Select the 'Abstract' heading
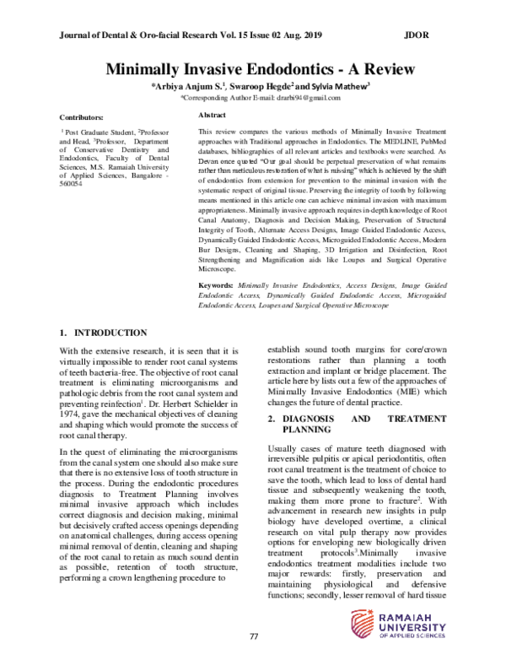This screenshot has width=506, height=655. coord(211,114)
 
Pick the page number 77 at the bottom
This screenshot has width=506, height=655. coord(253,634)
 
